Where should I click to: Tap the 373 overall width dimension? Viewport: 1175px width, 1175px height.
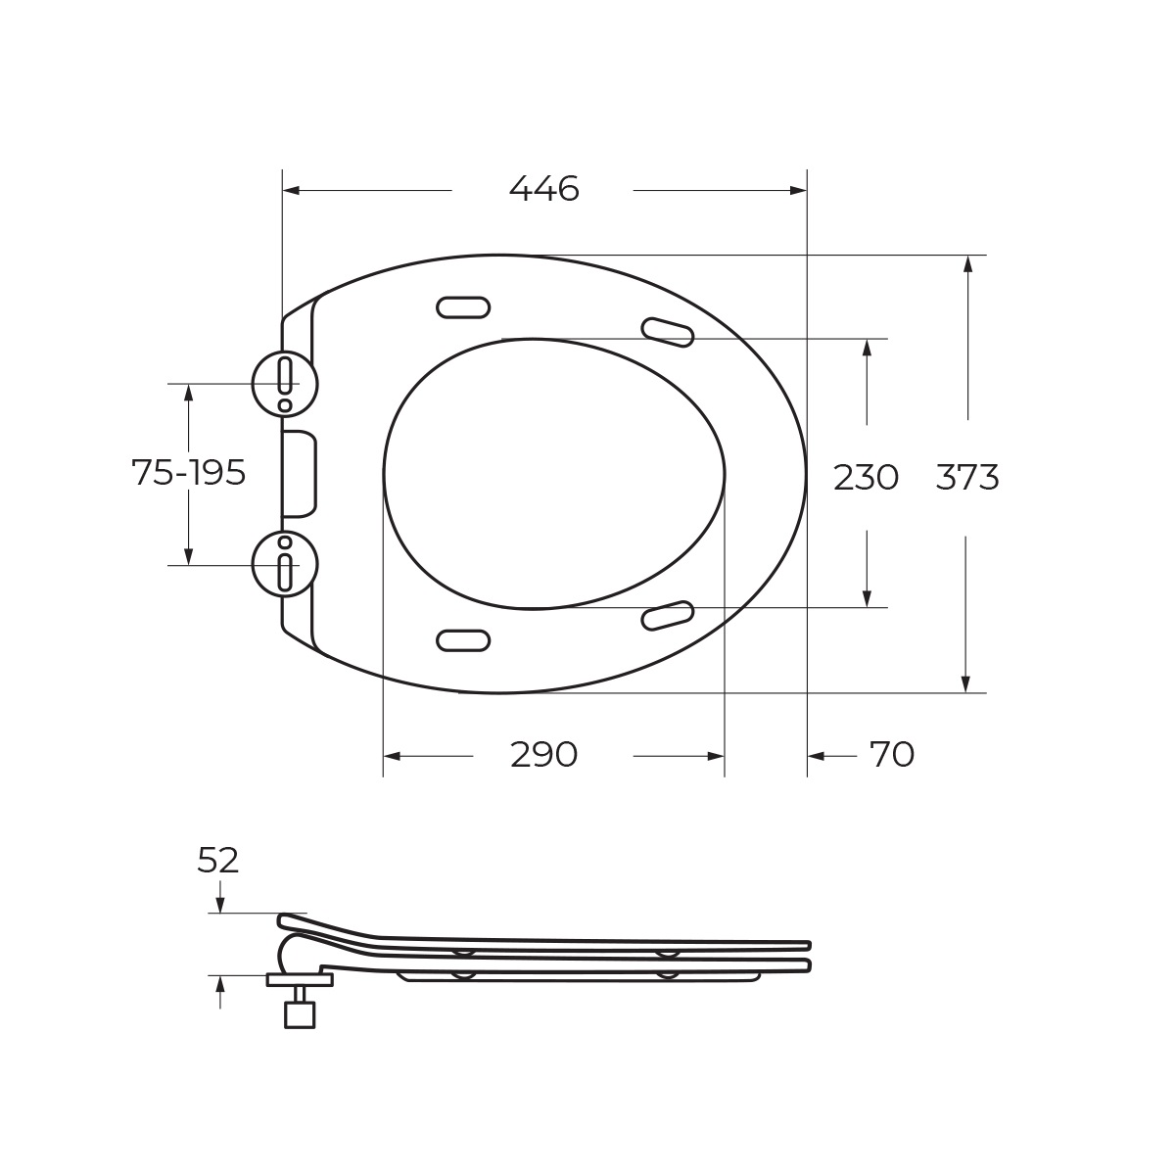pyautogui.click(x=967, y=477)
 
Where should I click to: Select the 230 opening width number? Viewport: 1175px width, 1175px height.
pyautogui.click(x=866, y=477)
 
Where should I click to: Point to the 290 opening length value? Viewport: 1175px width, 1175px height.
pyautogui.click(x=543, y=755)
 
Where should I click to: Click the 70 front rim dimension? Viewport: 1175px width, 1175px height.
pyautogui.click(x=891, y=755)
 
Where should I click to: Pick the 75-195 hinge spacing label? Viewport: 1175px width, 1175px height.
pyautogui.click(x=188, y=472)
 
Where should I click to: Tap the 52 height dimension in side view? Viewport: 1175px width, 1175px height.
pyautogui.click(x=217, y=861)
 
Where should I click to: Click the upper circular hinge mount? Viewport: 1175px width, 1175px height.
pyautogui.click(x=285, y=384)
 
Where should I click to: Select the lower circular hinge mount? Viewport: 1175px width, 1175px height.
pyautogui.click(x=285, y=565)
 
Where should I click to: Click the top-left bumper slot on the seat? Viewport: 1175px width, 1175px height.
pyautogui.click(x=463, y=307)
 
